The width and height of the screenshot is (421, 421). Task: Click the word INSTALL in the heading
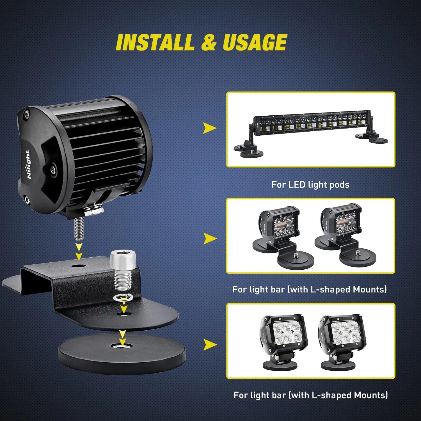coord(155,42)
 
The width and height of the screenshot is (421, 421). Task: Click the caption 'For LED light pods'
coord(310,185)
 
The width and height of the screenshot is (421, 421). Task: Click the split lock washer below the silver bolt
coord(121,298)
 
